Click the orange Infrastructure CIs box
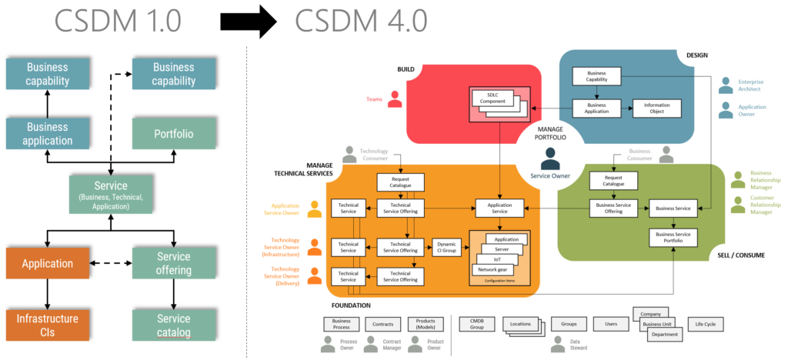(48, 325)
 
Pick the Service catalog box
(173, 325)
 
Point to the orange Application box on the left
(48, 263)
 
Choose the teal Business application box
(48, 133)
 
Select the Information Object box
(656, 108)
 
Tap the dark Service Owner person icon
(550, 158)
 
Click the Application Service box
(499, 208)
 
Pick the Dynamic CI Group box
(447, 247)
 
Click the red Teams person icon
(395, 99)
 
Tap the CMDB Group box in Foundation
(476, 325)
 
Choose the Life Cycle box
(705, 325)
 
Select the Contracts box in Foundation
(382, 325)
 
